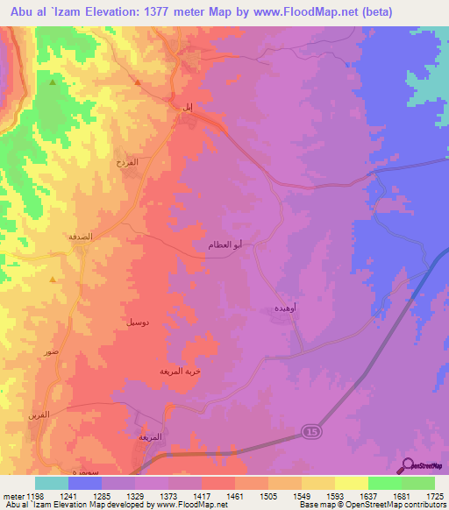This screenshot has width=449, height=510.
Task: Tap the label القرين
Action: [39, 414]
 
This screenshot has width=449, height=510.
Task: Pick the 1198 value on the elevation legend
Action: [35, 495]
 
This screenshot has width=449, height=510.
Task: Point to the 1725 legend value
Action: [435, 495]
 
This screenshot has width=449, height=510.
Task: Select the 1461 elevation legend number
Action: [235, 495]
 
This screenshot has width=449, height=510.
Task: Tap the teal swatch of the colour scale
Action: [52, 483]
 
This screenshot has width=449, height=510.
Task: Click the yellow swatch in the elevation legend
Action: [352, 483]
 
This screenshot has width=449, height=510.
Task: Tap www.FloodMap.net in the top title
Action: [300, 11]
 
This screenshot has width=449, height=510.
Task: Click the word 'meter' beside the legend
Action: [13, 495]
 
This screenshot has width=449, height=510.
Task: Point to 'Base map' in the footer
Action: [316, 505]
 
